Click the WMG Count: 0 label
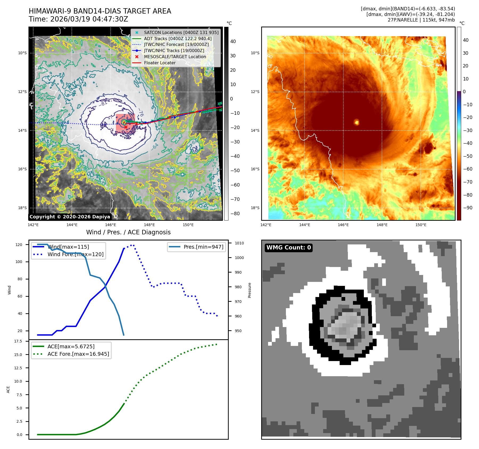(x=289, y=248)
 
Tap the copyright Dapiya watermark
(x=70, y=217)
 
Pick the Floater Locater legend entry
(x=160, y=63)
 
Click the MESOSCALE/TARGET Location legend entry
(x=175, y=57)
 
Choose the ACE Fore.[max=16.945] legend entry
(x=78, y=354)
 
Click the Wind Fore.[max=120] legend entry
(x=76, y=254)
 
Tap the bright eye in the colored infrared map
(x=356, y=122)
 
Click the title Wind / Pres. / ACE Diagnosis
(x=128, y=232)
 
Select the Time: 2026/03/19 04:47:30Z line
(x=78, y=19)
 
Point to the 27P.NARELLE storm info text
(x=421, y=20)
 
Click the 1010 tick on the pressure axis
(x=239, y=243)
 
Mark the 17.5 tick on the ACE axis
(x=18, y=341)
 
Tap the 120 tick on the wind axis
(x=19, y=245)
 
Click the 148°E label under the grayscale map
(x=149, y=225)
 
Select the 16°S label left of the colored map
(x=255, y=169)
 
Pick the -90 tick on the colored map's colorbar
(x=468, y=208)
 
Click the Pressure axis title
(x=249, y=290)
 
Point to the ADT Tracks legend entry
(x=178, y=39)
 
